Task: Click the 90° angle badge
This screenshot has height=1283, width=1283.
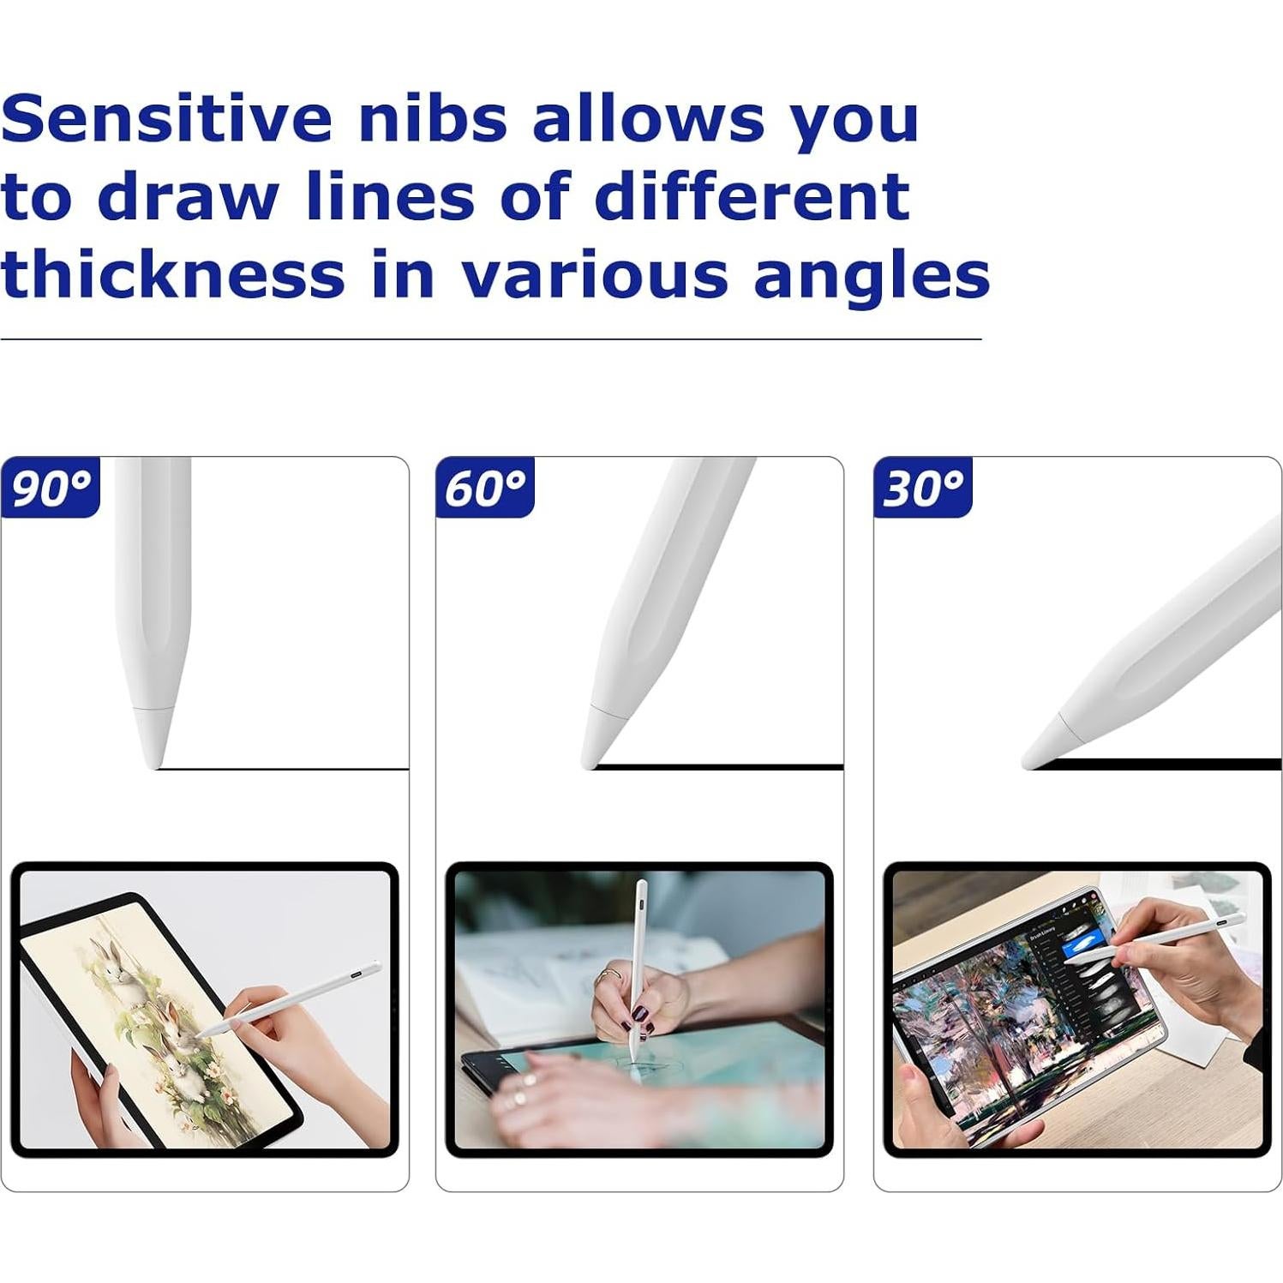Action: (51, 488)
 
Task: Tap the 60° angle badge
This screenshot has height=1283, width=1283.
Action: (485, 488)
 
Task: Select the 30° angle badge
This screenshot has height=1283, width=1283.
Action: (922, 488)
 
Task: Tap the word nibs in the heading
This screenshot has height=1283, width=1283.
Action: (434, 117)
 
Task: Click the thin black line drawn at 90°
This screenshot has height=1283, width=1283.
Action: (283, 769)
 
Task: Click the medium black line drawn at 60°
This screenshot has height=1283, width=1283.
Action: (720, 766)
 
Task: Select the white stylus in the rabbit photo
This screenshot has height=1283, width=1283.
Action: (291, 998)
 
